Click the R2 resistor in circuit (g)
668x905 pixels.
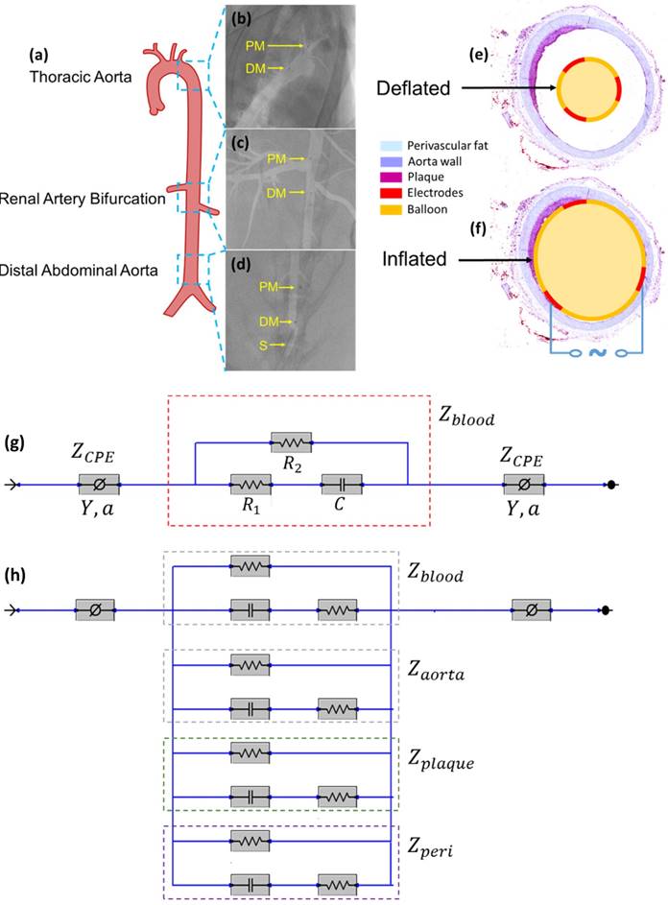tap(291, 442)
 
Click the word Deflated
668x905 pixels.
tap(415, 88)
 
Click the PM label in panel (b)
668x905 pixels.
tap(256, 45)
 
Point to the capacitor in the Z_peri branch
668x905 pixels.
tap(250, 880)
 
